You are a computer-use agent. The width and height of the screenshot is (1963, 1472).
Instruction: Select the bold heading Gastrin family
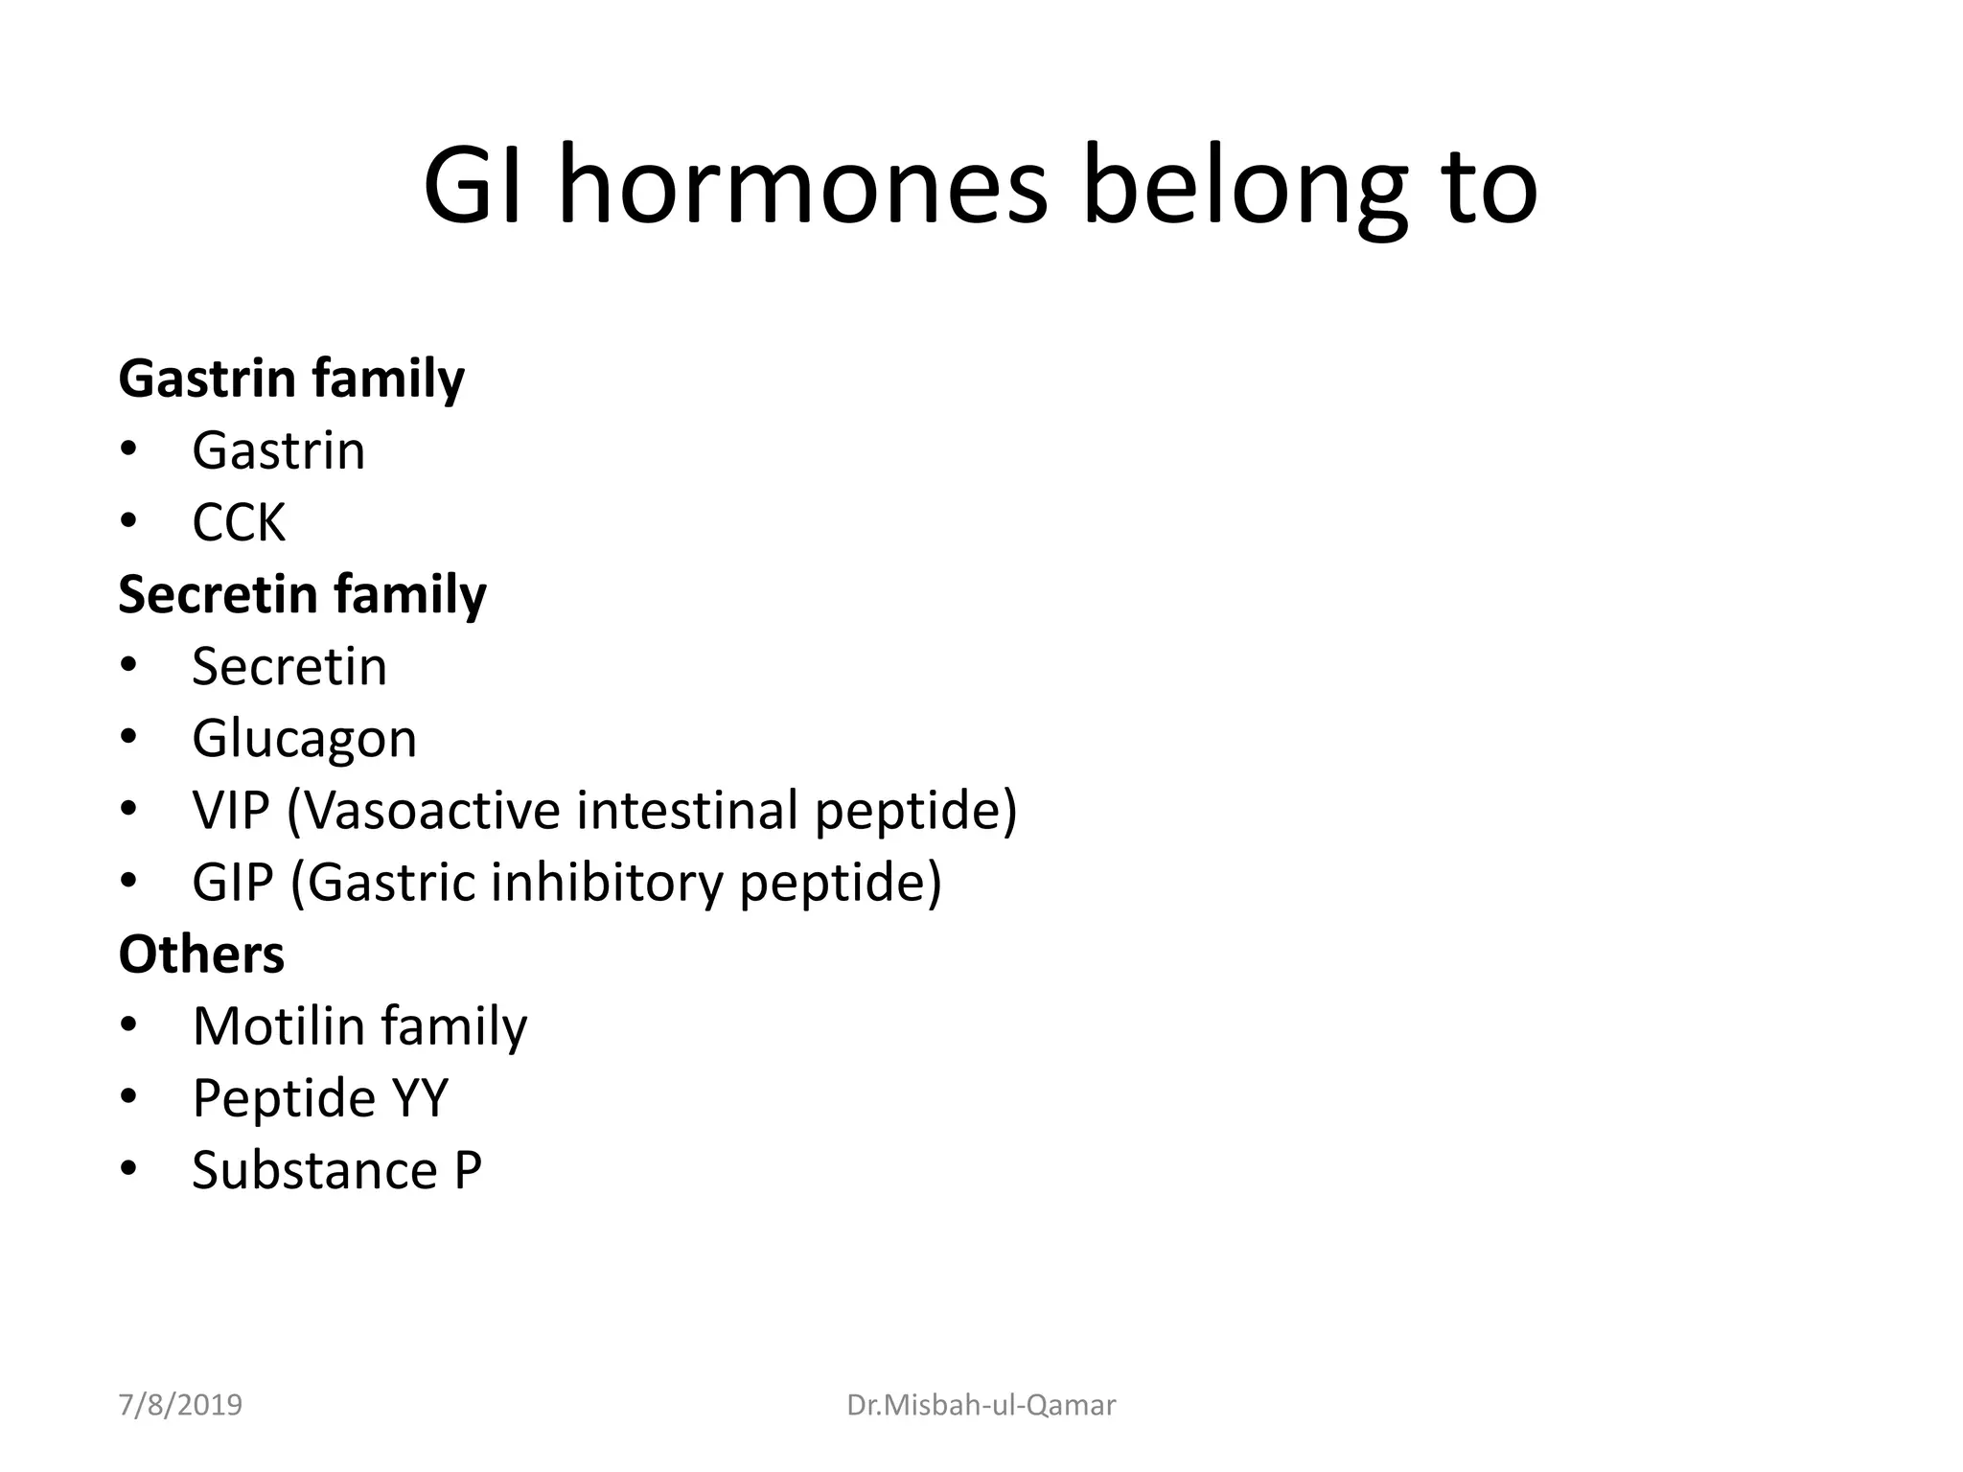[291, 379]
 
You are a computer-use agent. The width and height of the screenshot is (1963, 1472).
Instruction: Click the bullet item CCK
[239, 523]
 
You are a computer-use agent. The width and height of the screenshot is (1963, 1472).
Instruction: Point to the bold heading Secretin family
[302, 594]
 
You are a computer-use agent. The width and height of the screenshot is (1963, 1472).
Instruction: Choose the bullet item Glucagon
[304, 739]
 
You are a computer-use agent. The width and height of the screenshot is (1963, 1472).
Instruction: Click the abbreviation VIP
[230, 810]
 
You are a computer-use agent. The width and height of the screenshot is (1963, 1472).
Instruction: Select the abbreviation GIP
[232, 882]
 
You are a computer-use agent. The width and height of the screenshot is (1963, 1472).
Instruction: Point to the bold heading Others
[201, 954]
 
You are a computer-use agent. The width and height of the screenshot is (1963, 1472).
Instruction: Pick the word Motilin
[279, 1026]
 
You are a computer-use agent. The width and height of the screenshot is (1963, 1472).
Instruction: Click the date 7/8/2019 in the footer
[180, 1405]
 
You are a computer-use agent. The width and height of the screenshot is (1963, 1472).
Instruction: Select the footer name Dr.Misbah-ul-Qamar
[981, 1405]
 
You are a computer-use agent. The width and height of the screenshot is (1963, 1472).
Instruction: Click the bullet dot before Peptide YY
[129, 1097]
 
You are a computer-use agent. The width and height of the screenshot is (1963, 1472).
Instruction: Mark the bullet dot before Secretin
[129, 665]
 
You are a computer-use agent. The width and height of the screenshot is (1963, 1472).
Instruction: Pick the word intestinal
[687, 810]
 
